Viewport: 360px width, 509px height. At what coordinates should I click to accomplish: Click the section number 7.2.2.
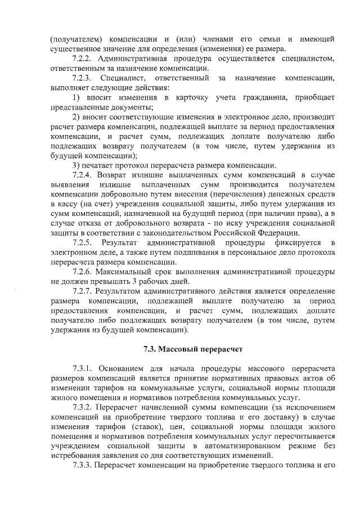coord(83,58)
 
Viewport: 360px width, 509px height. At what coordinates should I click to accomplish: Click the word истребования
coord(74,456)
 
